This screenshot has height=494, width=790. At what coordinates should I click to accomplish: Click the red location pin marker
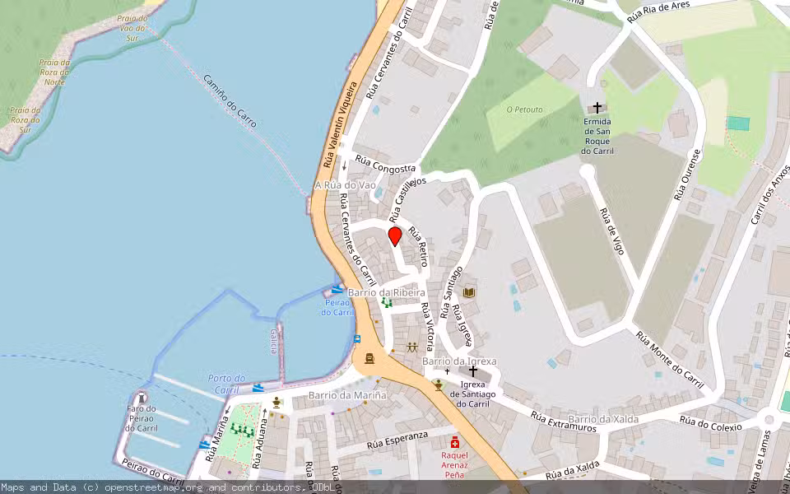click(394, 237)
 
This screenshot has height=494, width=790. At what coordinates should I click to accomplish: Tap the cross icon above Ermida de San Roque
click(597, 108)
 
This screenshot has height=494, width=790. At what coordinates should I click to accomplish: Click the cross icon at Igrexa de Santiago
click(472, 371)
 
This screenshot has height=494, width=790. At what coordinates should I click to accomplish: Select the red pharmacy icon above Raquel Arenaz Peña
click(454, 442)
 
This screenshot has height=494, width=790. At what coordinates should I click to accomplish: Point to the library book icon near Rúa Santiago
click(469, 292)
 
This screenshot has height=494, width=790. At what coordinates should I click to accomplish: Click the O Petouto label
click(524, 109)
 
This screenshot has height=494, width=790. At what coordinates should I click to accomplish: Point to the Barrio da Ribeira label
click(387, 292)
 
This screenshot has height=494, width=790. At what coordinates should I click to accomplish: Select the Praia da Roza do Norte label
click(54, 72)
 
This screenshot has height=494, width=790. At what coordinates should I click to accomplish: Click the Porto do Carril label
click(226, 384)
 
